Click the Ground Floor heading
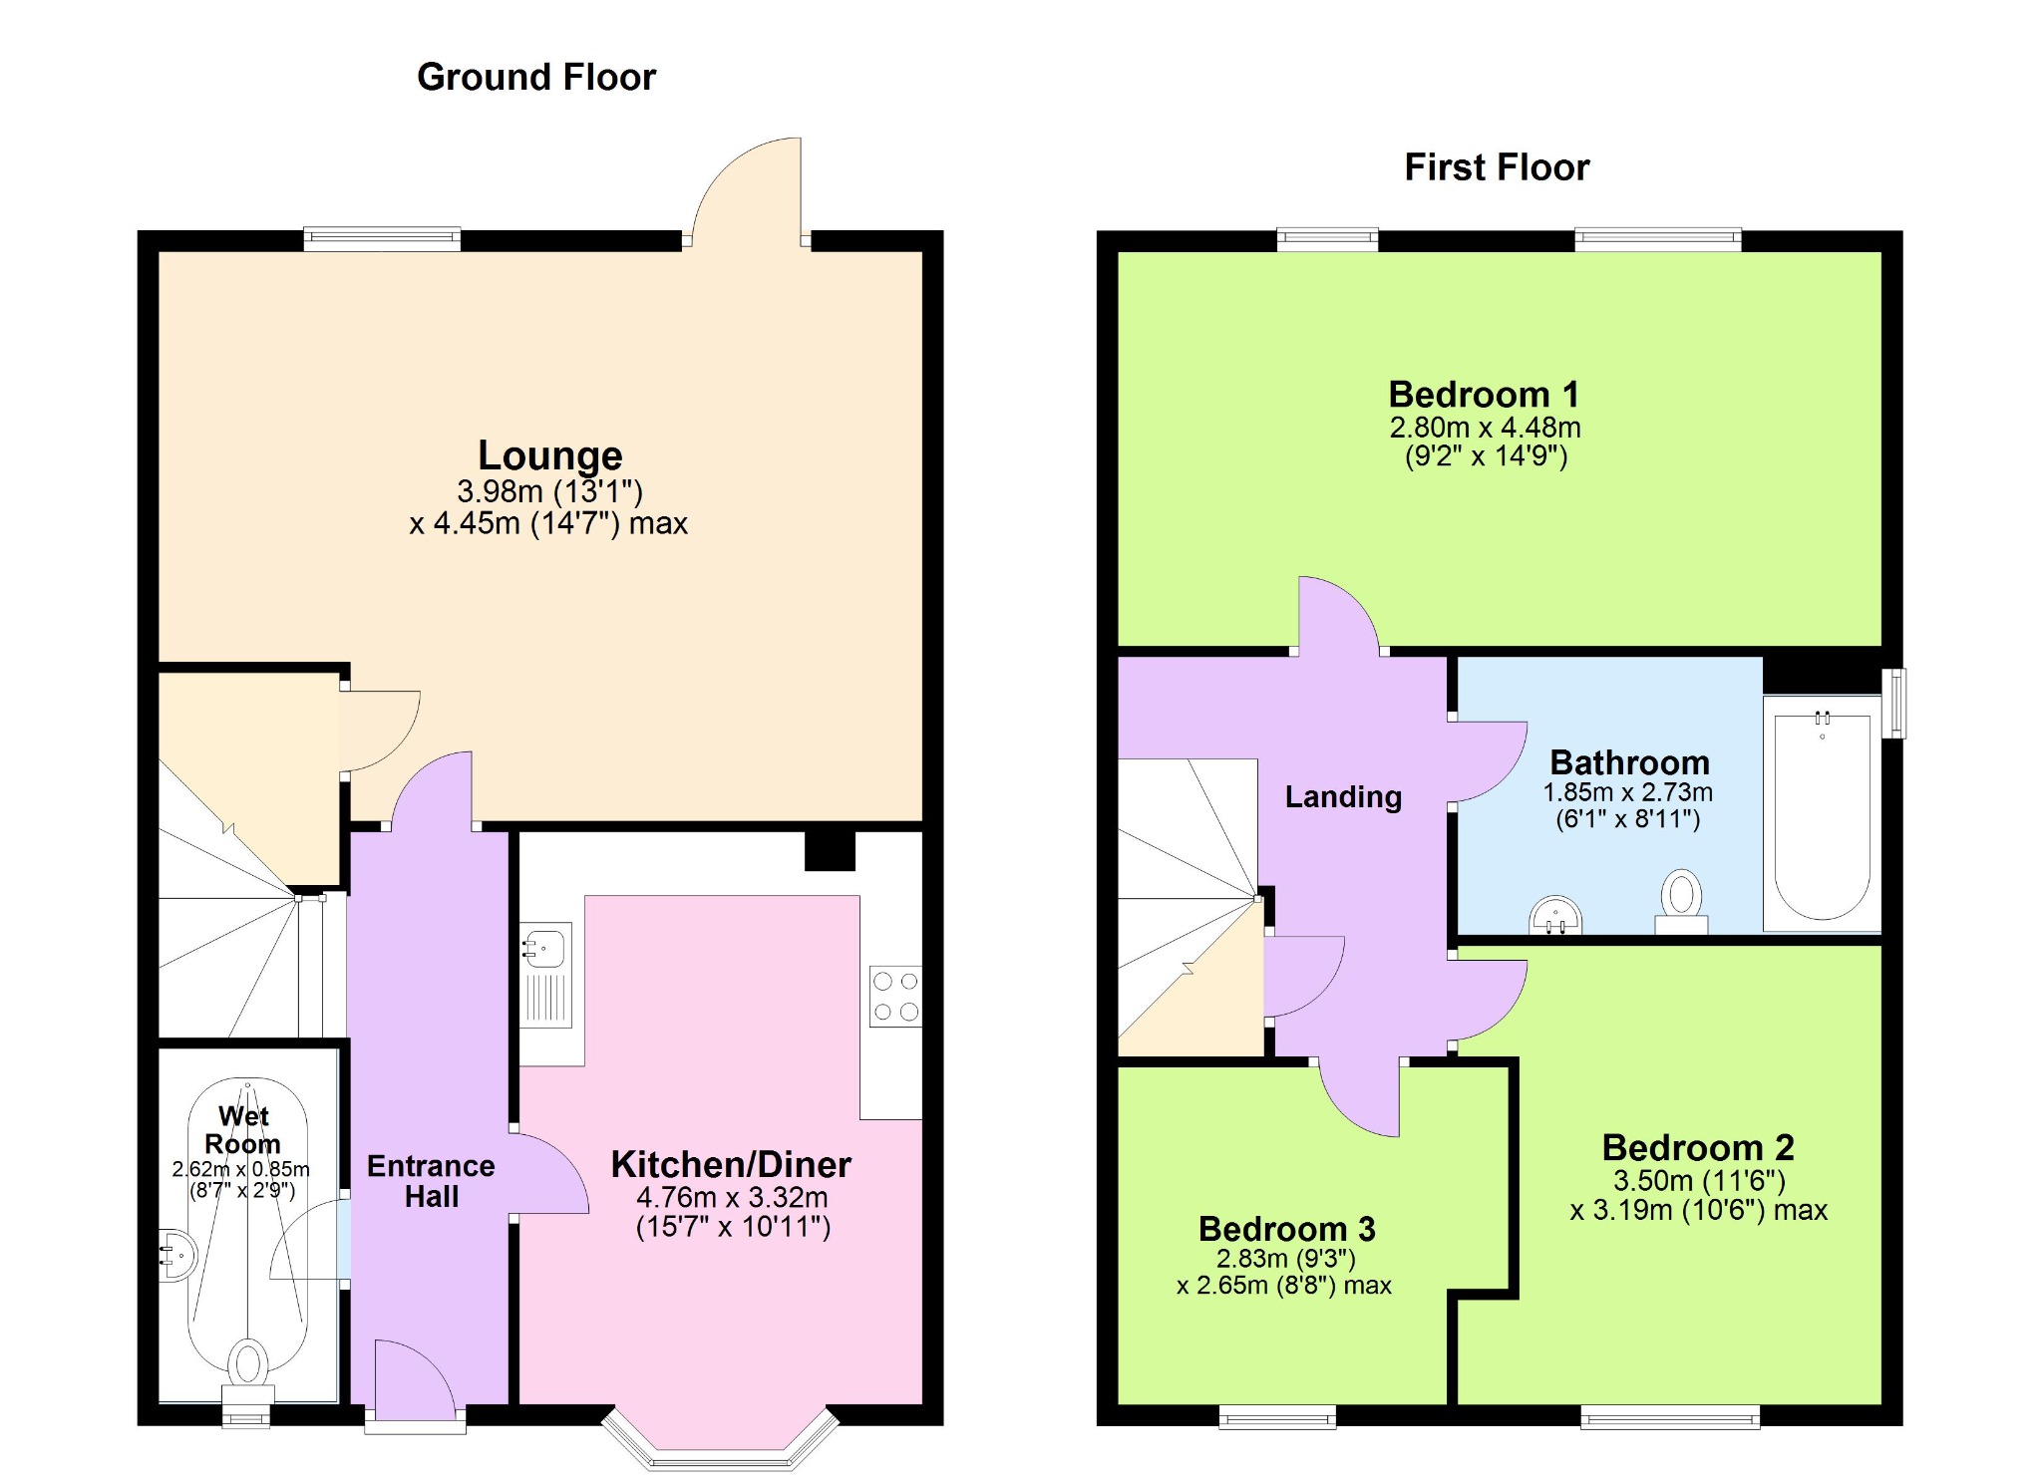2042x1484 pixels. pos(536,77)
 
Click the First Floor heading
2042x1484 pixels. pos(1497,167)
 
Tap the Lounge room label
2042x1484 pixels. pos(550,454)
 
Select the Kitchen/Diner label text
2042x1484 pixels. pos(731,1164)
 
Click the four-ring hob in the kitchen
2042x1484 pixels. pos(895,997)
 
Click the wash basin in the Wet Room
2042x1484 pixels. pos(178,1255)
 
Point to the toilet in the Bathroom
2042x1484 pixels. pos(1682,901)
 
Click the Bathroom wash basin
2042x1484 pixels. pos(1555,915)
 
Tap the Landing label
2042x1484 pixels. pos(1343,796)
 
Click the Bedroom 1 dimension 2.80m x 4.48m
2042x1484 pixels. pos(1485,428)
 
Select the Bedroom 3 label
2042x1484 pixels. pos(1286,1229)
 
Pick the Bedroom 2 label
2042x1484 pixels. pos(1698,1147)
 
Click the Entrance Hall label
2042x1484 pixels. pos(431,1181)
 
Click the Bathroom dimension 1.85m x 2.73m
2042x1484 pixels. pos(1627,792)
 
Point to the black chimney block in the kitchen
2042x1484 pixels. pos(830,850)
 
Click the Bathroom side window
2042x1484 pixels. pos(1894,704)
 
